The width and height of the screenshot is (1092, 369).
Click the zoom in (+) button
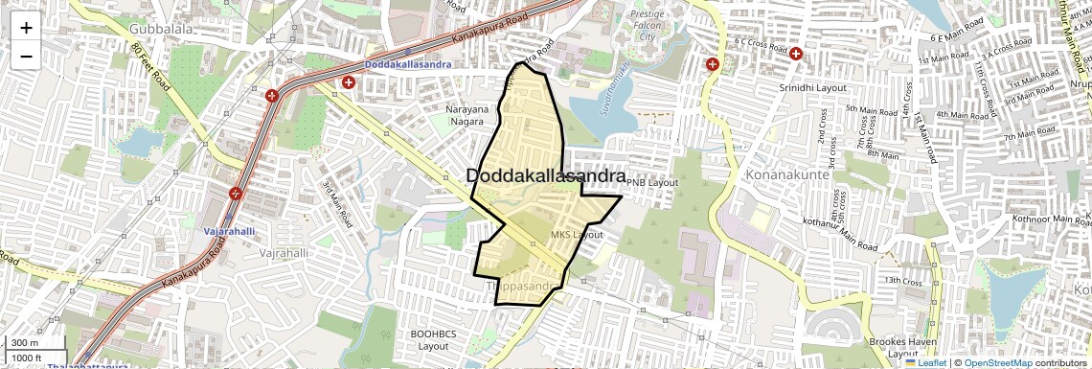point(26,28)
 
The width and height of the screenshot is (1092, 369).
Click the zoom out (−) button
point(26,56)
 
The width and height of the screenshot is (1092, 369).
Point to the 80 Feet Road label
point(150,68)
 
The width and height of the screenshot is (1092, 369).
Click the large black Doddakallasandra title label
point(546,176)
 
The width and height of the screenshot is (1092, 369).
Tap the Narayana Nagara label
point(467,116)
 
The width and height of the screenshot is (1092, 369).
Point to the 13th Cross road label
point(903,281)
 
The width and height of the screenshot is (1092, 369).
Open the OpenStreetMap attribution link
point(997,362)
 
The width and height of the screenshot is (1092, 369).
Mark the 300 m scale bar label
point(24,343)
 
